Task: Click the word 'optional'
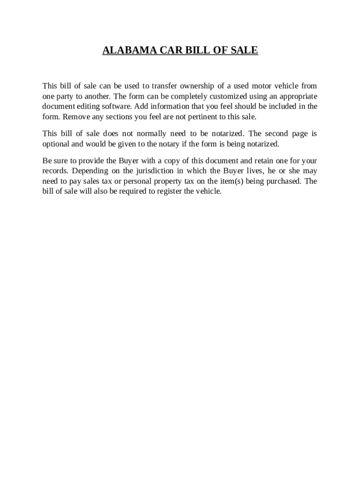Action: pyautogui.click(x=56, y=144)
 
